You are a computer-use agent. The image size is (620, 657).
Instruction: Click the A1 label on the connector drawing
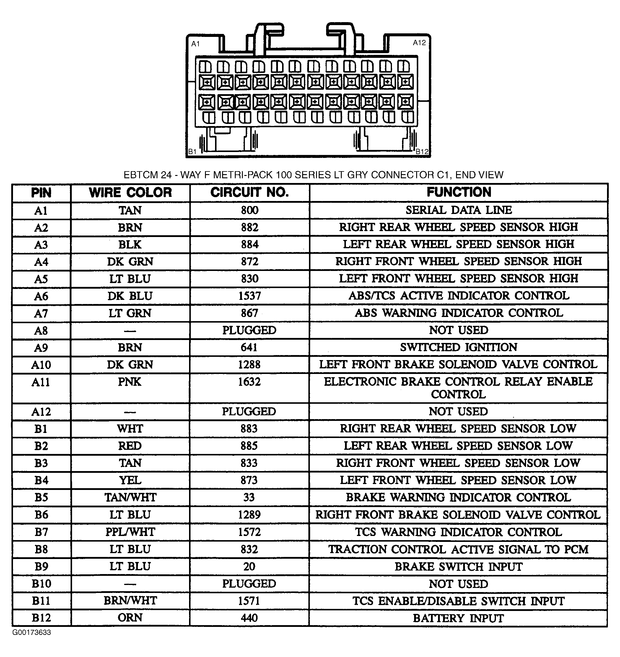(x=196, y=44)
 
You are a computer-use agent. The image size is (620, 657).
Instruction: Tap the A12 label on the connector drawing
(x=419, y=43)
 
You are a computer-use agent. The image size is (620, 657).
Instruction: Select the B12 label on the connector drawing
(x=422, y=152)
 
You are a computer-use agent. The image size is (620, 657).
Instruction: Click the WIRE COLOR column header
(x=130, y=192)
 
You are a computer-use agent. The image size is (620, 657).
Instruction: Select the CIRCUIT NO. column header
(x=250, y=192)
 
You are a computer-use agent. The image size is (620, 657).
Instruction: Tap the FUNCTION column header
(x=459, y=192)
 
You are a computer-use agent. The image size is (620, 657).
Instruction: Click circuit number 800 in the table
(x=250, y=210)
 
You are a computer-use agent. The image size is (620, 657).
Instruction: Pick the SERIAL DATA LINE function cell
(x=459, y=210)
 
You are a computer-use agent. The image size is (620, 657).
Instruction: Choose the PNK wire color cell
(x=130, y=382)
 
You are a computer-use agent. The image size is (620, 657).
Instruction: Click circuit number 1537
(x=250, y=296)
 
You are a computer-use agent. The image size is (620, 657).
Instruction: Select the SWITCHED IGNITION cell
(x=459, y=347)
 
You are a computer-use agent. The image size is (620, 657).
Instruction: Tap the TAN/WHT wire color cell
(x=130, y=497)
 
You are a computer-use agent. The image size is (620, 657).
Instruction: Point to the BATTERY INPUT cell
(x=458, y=618)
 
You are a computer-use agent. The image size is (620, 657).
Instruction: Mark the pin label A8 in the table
(x=41, y=331)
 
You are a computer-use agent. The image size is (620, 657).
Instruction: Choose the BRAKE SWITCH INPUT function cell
(x=458, y=566)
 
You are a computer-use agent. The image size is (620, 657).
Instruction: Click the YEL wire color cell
(x=130, y=480)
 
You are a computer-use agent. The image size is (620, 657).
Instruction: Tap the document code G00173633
(x=32, y=633)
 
